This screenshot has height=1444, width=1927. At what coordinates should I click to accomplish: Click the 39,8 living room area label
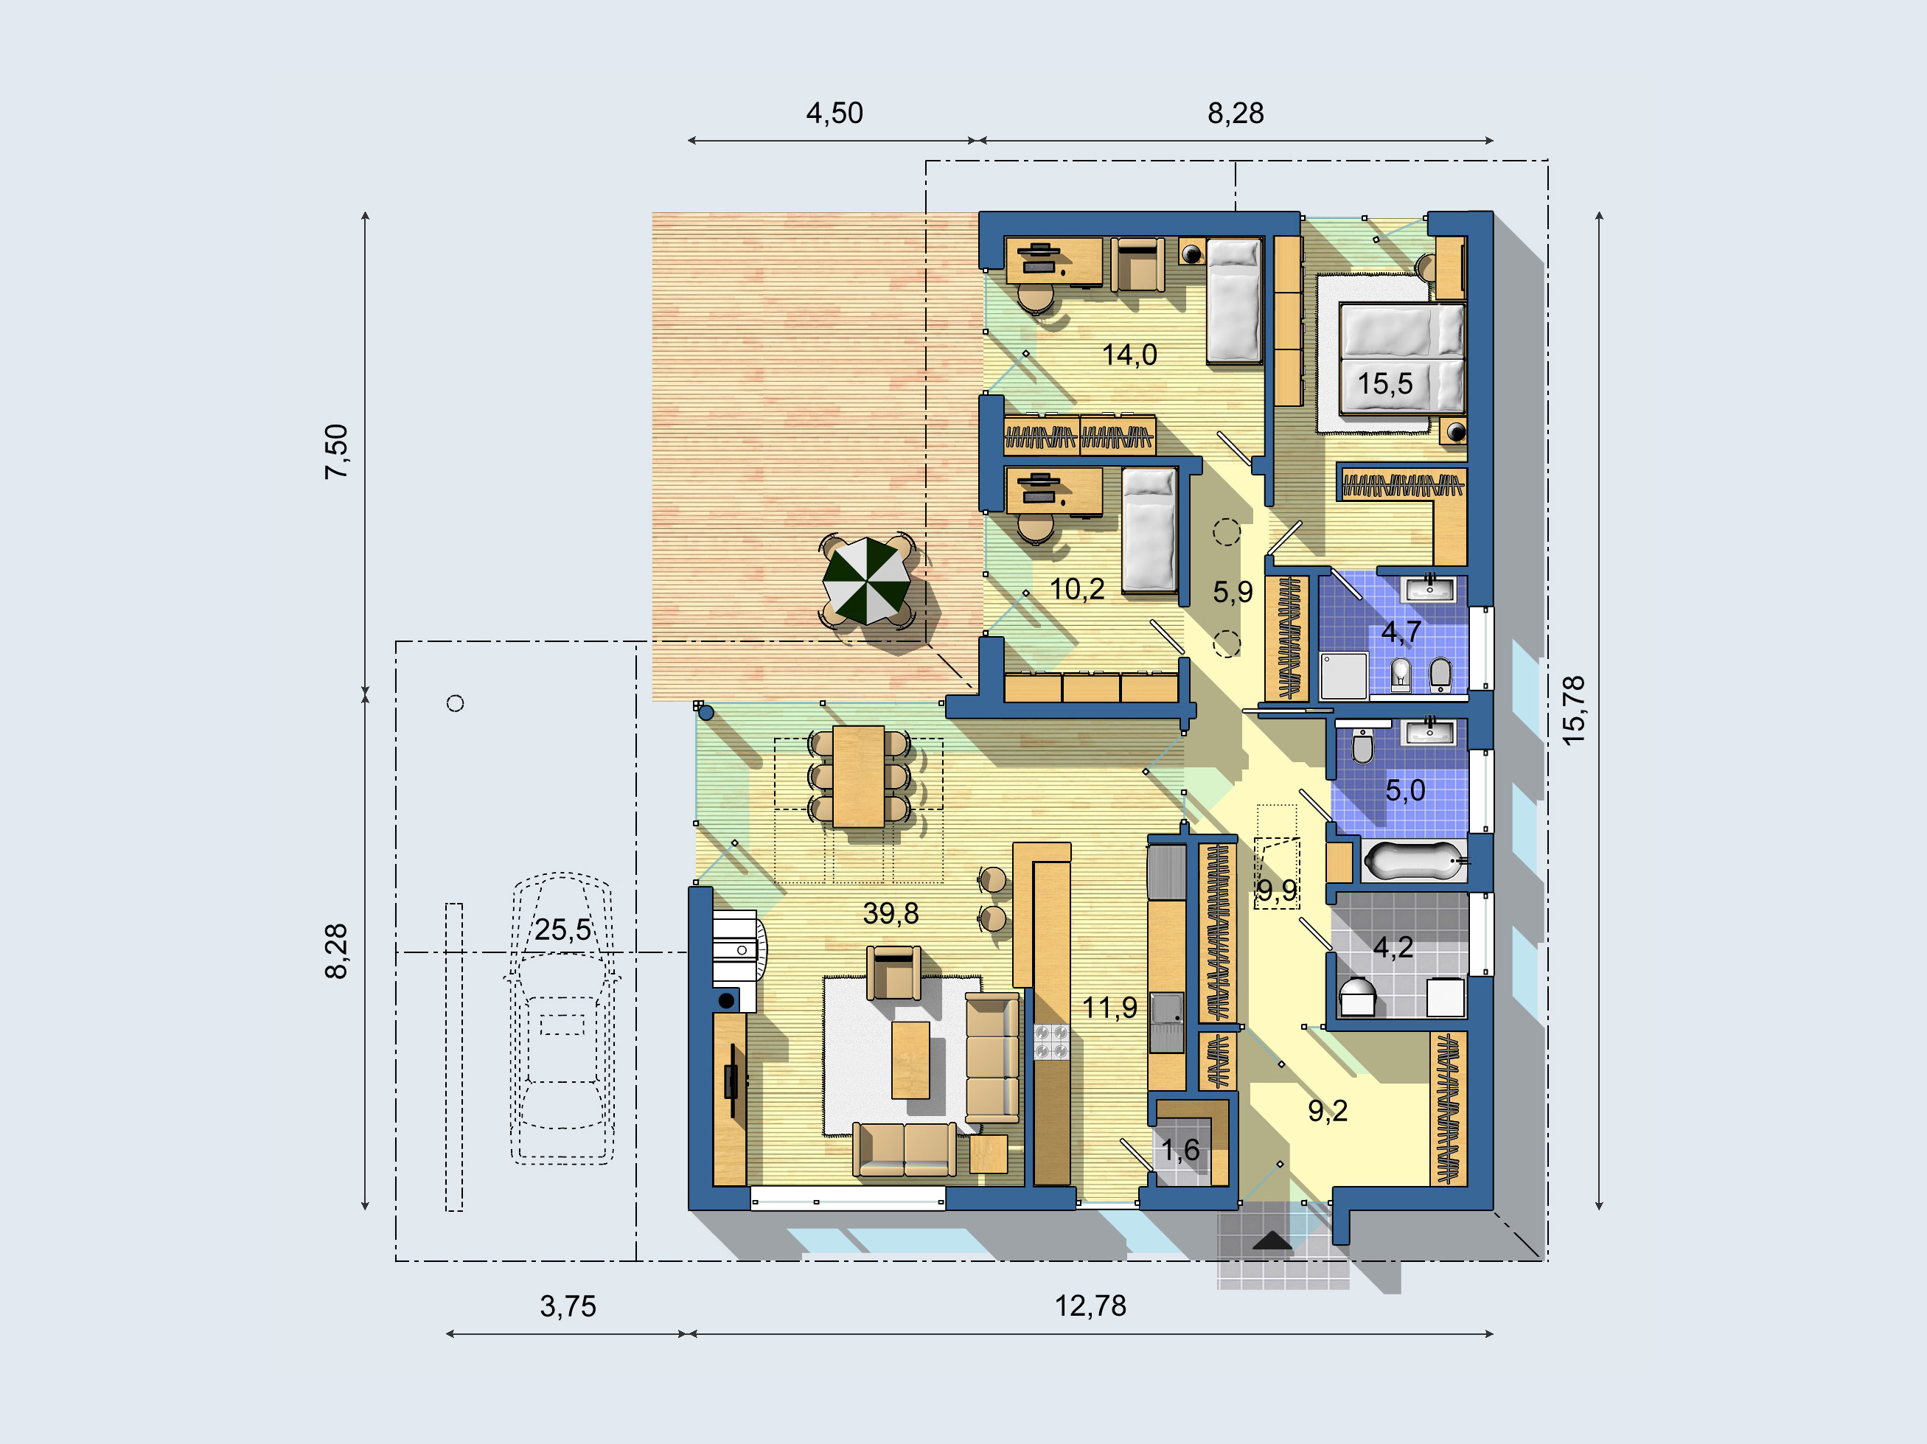tap(891, 913)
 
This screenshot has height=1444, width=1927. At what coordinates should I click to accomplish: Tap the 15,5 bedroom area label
tap(1385, 383)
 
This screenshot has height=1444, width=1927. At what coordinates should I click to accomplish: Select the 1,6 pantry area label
tap(1180, 1151)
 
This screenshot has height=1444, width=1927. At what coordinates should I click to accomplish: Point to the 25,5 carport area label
tap(562, 930)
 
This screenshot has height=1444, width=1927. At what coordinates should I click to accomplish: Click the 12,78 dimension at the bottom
tap(1091, 1306)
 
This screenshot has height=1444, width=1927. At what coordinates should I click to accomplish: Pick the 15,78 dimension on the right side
tap(1573, 711)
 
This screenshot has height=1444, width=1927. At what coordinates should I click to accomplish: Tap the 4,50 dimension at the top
tap(834, 114)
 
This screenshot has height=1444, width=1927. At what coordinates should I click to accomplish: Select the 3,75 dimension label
tap(568, 1306)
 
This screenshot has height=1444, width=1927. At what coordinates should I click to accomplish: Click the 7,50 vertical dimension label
tap(336, 451)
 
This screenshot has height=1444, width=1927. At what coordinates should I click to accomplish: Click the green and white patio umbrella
tap(867, 581)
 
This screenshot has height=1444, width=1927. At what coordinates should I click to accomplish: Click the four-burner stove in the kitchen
tap(1051, 1042)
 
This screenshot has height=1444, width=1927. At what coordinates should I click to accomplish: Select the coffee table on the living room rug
tap(910, 1060)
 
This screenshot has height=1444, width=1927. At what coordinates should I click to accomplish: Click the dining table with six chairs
tap(859, 777)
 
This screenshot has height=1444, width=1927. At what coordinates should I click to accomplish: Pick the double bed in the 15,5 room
tap(1401, 357)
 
